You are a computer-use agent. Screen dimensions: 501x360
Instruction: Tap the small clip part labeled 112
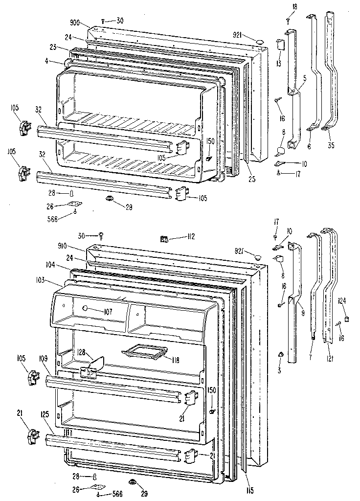pos(164,239)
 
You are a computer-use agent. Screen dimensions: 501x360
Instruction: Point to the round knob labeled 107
pos(85,309)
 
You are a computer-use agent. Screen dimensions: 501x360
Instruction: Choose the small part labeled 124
pos(347,319)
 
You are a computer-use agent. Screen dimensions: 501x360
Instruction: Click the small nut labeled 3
pos(280,354)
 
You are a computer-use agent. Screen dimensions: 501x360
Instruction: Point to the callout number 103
pos(54,280)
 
